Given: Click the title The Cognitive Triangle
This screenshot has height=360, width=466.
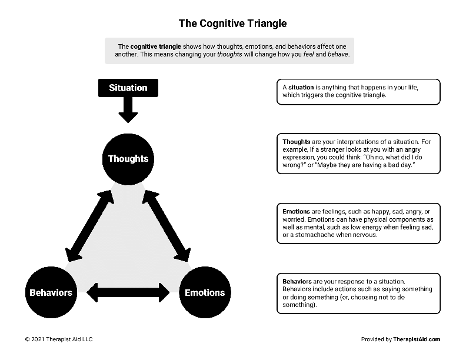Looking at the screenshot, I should point(233,24).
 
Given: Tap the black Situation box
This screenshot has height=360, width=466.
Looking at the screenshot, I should point(128,88).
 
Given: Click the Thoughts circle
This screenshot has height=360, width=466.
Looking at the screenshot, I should point(128,158).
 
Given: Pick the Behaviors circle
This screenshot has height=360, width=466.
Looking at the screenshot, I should point(51,292).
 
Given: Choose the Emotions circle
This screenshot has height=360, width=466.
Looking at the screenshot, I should point(205,292).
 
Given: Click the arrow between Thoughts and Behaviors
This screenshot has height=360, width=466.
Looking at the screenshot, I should point(89,225).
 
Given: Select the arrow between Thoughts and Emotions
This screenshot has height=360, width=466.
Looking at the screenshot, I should point(167,225).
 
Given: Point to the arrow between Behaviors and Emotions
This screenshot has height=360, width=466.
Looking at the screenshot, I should point(128,292).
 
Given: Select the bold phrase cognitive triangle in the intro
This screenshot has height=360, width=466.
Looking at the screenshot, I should point(155,46).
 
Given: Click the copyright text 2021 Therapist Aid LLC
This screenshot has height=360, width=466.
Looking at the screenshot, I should point(59,339).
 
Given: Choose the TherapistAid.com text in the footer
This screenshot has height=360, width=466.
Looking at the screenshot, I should point(417,339).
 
